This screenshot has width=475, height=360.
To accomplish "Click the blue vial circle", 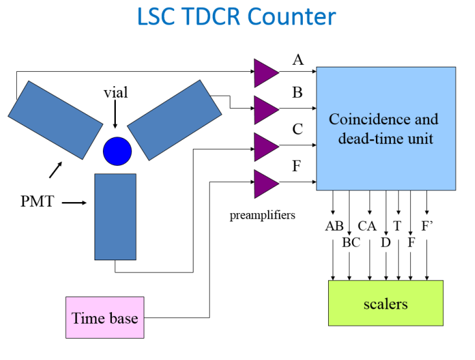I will (117, 151).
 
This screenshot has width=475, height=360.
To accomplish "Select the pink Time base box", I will (105, 317).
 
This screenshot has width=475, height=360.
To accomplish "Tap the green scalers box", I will (386, 303).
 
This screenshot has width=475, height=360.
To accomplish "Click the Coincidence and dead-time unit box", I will (385, 128).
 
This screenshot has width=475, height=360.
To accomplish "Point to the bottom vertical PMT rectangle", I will (115, 216).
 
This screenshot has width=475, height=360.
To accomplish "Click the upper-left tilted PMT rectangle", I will (55, 119).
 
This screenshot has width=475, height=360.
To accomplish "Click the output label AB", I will (334, 227).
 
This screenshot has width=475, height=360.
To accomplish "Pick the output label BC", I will (351, 243).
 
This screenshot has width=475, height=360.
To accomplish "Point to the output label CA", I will (367, 227).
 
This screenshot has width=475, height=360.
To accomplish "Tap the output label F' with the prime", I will (428, 227).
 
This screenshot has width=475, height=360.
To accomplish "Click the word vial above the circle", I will (116, 93).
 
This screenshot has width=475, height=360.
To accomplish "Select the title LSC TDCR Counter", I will (237, 17).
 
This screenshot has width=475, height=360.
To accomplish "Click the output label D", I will (386, 243).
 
